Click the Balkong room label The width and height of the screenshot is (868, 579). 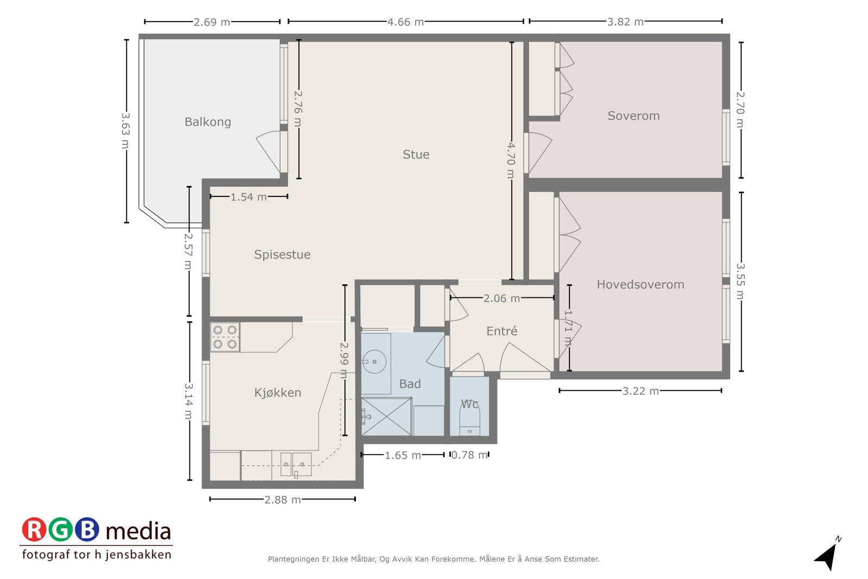point(208,122)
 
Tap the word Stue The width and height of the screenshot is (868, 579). point(416,154)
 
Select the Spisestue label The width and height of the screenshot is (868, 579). point(282,254)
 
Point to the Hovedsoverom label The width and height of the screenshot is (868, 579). point(640,284)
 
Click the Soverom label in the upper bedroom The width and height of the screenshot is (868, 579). point(634,116)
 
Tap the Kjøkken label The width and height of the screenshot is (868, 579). point(277,392)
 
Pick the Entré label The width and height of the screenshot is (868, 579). point(502,331)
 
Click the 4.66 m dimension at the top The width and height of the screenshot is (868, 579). point(406,22)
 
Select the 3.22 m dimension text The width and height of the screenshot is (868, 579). point(641,391)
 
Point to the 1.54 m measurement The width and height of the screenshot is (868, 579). point(249,197)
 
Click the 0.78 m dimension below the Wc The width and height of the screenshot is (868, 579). point(469,455)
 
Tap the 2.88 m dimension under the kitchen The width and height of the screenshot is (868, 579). point(283,500)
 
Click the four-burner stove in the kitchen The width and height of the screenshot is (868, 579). point(225,337)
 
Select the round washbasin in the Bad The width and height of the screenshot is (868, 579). point(374,361)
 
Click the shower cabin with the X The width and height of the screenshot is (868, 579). point(386,417)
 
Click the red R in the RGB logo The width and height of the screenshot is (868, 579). point(34,530)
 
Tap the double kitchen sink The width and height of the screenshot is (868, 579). point(296,465)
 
